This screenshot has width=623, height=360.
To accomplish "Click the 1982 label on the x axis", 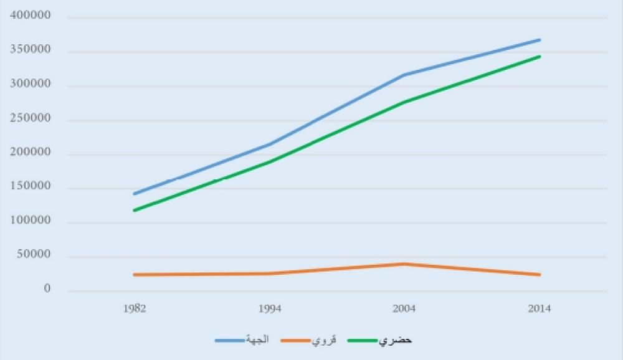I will (134, 309).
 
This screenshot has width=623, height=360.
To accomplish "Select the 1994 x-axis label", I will (269, 309).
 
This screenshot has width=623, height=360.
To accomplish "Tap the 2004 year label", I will (404, 309).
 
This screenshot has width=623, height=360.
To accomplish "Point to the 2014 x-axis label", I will (540, 309).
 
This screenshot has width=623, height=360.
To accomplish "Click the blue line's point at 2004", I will (404, 75).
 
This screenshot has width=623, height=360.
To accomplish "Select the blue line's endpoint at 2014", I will (540, 40).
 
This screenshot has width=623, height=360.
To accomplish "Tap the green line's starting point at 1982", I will (134, 211).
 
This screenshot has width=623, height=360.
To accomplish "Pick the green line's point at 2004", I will (404, 102).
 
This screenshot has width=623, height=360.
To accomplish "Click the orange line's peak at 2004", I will (404, 264).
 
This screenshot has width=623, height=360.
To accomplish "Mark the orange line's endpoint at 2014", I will (540, 275).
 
